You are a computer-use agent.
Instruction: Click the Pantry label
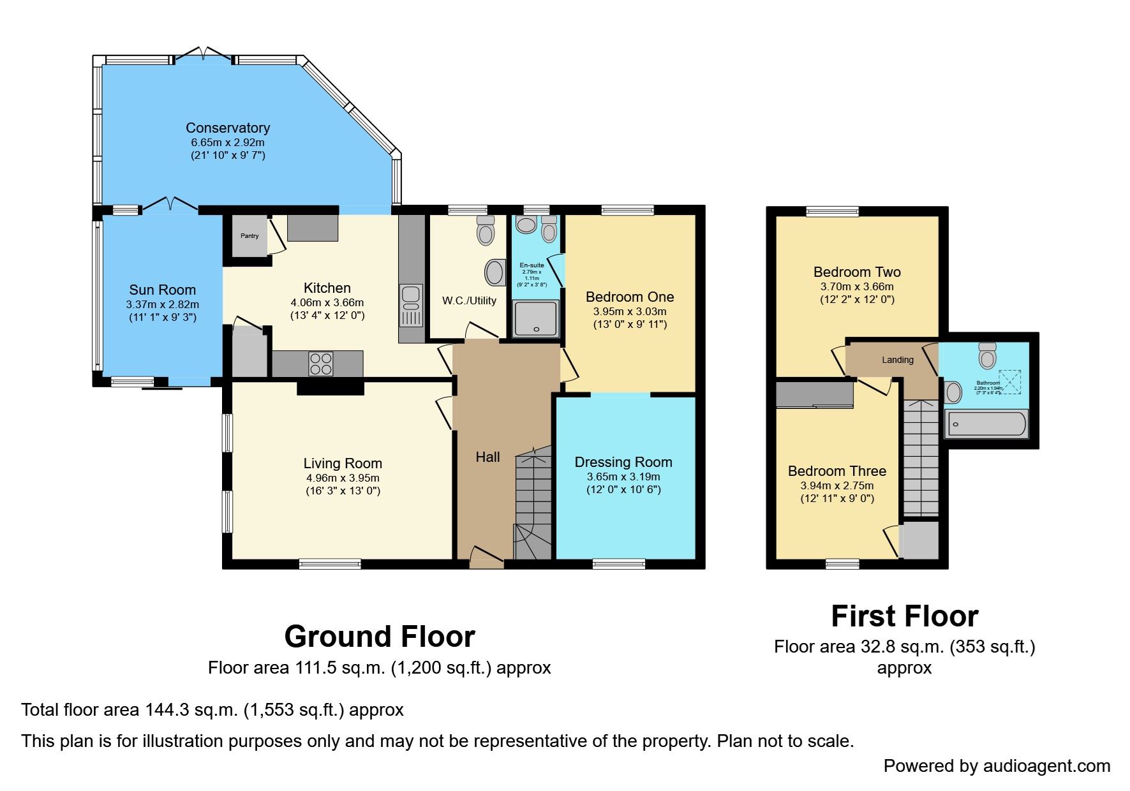[249, 236]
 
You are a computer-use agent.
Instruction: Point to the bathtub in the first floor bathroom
[986, 424]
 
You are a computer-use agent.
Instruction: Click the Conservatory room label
[228, 128]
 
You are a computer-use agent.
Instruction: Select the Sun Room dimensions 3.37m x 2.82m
[163, 304]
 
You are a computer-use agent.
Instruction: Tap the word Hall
[487, 457]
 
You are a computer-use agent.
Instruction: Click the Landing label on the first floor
[897, 360]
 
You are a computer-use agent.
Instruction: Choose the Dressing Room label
[623, 462]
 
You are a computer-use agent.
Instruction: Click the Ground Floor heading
[380, 637]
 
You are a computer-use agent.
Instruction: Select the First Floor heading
[904, 616]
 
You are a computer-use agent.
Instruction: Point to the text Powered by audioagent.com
[997, 766]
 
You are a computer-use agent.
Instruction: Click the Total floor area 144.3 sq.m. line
[212, 710]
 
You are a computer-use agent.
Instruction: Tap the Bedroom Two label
[857, 272]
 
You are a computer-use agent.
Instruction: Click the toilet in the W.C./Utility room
[486, 230]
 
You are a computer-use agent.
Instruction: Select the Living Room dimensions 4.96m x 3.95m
[343, 478]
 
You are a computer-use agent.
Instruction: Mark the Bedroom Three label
[836, 471]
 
